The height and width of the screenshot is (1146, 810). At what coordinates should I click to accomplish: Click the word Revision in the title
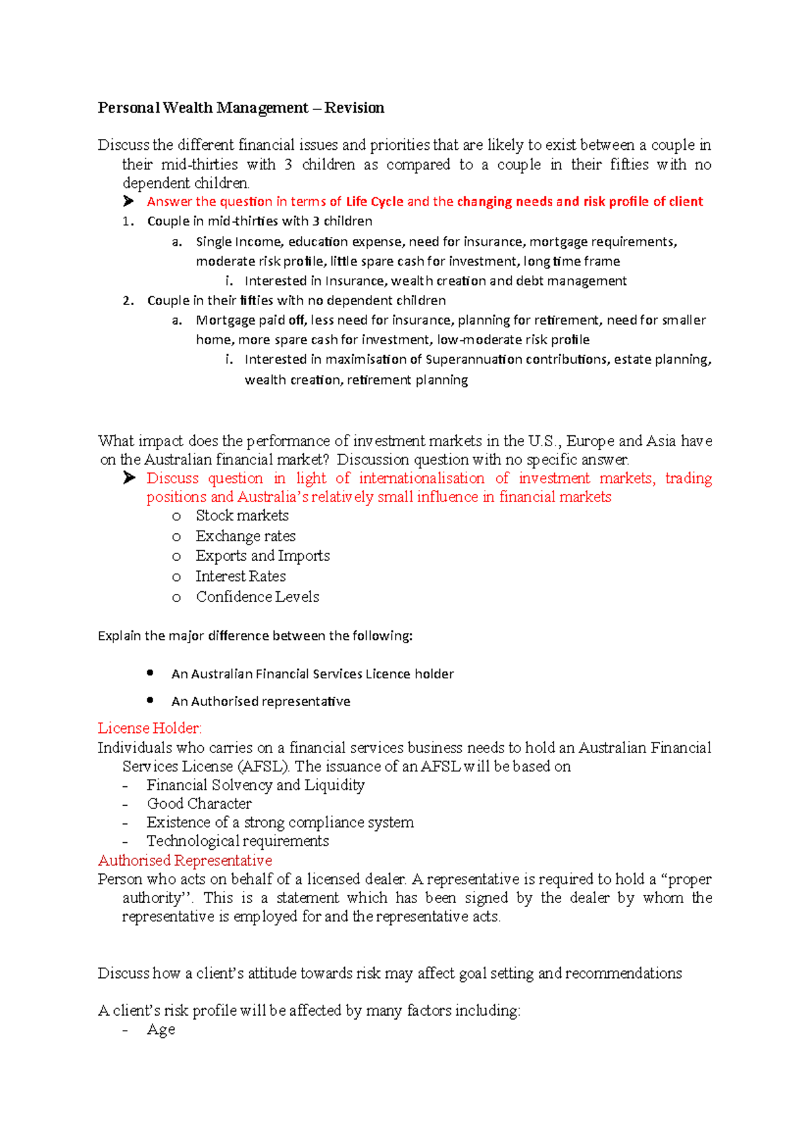coord(354,108)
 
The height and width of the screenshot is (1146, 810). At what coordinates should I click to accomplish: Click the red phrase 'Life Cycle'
coord(375,202)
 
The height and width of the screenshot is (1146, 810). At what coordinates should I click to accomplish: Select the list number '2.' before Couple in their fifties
coord(128,301)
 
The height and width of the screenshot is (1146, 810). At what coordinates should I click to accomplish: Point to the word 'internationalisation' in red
coord(421,479)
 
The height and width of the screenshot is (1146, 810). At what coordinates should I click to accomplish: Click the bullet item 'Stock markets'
coord(242,516)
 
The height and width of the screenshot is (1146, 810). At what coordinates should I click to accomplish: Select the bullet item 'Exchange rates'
coord(245,537)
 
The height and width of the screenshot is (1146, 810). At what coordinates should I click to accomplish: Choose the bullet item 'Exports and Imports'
coord(263,556)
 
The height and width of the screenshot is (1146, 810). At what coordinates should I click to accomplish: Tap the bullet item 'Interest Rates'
coord(240,576)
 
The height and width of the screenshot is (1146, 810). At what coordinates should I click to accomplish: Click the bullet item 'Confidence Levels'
coord(257,597)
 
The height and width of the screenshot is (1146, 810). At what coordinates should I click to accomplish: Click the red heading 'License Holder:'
coord(150,728)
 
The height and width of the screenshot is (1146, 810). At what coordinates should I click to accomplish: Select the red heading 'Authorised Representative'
coord(185,861)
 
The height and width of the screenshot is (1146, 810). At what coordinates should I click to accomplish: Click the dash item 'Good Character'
coord(199,804)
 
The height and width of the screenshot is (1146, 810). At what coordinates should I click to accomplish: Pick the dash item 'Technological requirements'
coord(238,841)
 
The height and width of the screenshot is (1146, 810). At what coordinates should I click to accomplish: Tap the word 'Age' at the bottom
coord(161,1030)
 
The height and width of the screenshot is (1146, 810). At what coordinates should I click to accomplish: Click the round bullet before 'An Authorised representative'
coord(150,701)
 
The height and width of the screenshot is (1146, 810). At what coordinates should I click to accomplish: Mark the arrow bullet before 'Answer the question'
coord(129,201)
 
